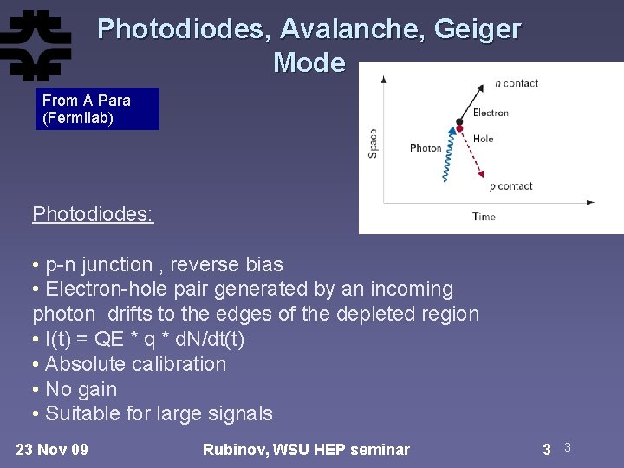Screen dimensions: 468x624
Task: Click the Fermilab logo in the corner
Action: click(36, 45)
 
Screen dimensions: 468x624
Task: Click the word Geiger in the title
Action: click(478, 29)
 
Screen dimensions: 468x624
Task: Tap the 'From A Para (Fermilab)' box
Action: click(97, 109)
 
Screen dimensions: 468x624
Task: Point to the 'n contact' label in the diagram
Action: click(517, 83)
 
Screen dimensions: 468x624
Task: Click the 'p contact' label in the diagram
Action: click(510, 185)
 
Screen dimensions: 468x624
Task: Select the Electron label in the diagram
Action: click(491, 113)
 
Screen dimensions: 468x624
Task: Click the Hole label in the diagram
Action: click(483, 138)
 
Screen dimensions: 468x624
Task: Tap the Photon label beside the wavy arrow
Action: click(426, 148)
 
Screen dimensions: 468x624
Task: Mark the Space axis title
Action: click(373, 143)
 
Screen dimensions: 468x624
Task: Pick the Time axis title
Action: click(484, 217)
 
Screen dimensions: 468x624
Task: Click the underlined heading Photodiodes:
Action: click(93, 214)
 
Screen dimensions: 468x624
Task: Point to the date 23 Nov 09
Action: click(52, 449)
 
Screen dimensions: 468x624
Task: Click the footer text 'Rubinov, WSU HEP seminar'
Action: click(306, 449)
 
